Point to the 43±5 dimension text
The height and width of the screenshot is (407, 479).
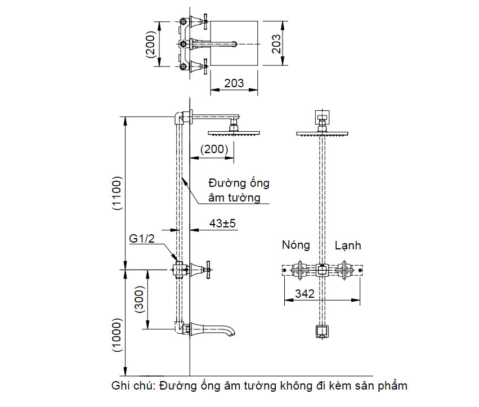222,223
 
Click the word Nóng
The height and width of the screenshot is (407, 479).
296,245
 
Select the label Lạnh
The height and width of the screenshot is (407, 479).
348,245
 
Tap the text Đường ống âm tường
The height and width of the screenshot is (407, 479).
239,190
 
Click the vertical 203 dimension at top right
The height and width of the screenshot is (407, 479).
276,44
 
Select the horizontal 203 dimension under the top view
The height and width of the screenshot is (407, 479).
234,83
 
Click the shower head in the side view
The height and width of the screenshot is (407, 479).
234,132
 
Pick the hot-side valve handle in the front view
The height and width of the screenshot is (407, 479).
299,271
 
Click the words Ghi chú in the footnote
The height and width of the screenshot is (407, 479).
133,386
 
